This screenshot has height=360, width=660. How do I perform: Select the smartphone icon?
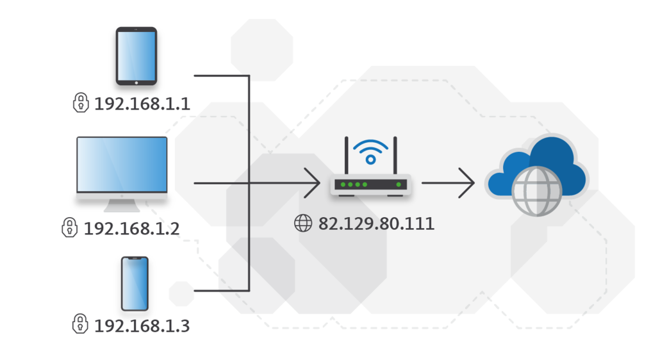pos(135,284)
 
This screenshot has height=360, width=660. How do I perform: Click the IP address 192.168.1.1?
pos(142,104)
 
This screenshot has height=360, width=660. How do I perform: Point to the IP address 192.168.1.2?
pos(131,228)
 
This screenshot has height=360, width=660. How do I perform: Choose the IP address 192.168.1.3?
pos(142,325)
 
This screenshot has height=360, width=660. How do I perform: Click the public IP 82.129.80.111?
pos(376,224)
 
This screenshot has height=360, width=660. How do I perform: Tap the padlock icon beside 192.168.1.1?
pos(81,102)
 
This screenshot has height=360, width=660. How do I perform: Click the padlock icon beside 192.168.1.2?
pos(69,227)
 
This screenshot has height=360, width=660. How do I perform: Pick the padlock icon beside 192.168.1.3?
pos(80,323)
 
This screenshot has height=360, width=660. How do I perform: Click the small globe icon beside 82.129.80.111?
pos(302,224)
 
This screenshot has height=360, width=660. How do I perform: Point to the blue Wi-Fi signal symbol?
pos(370,152)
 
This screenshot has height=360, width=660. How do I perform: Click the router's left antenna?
pos(346,157)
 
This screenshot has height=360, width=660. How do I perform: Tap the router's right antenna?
pos(395,157)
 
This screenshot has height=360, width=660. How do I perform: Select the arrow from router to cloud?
pos(449,183)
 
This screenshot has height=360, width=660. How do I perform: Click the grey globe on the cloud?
pos(538,191)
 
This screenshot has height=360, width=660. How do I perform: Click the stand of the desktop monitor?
pos(122,205)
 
